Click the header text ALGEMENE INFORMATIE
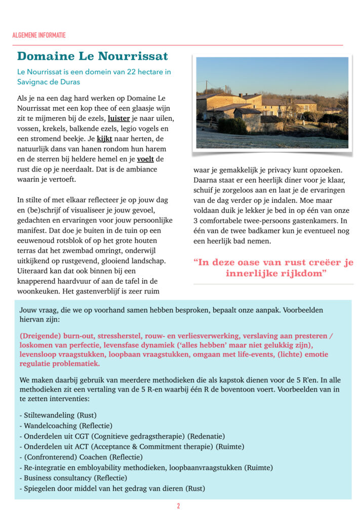(39, 35)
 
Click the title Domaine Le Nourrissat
(93, 56)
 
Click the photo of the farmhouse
(272, 102)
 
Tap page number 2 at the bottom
(178, 506)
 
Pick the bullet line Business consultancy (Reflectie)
(73, 478)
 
